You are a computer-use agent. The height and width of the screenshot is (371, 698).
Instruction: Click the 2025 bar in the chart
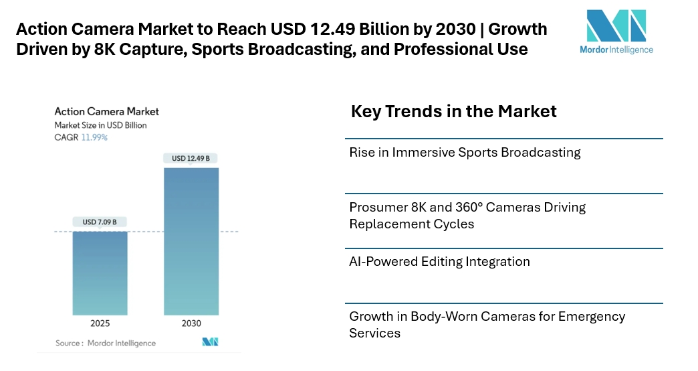[100, 273]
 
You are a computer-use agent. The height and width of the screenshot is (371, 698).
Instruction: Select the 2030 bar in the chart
[191, 241]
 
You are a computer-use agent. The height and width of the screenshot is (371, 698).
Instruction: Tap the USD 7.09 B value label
[100, 222]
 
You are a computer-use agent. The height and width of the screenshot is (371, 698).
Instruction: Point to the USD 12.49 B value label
[191, 159]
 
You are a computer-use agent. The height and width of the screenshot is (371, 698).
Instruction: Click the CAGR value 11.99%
[94, 137]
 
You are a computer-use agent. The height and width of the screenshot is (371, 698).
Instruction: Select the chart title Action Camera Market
[106, 112]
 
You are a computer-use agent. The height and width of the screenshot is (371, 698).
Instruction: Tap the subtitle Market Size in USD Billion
[100, 125]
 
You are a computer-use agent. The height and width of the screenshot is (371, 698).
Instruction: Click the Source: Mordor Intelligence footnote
[105, 343]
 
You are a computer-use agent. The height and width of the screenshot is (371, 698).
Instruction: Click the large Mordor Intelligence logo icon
[616, 26]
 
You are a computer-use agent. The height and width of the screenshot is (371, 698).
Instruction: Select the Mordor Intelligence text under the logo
[616, 50]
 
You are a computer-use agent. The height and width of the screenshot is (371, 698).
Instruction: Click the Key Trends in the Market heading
[453, 111]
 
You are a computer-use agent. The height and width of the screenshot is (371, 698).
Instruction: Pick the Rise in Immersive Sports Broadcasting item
[465, 153]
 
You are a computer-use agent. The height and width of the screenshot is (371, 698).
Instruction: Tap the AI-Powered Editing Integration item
[439, 262]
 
